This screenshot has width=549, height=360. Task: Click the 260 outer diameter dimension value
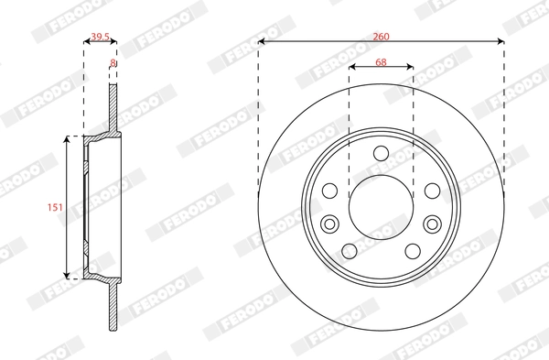pyautogui.click(x=381, y=36)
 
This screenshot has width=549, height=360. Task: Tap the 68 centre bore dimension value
pyautogui.click(x=381, y=62)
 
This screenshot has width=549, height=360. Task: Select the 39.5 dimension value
pyautogui.click(x=100, y=38)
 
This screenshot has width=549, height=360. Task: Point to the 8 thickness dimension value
pyautogui.click(x=113, y=63)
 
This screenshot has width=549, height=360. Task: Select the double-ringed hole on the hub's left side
pyautogui.click(x=331, y=223)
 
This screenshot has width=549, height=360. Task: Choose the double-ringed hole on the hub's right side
pyautogui.click(x=431, y=223)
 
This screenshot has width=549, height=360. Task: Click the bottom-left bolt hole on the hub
pyautogui.click(x=350, y=252)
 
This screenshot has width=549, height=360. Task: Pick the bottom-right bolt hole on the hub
pyautogui.click(x=413, y=252)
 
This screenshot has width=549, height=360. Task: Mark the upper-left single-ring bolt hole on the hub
pyautogui.click(x=330, y=191)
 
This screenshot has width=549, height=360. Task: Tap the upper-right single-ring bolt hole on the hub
pyautogui.click(x=431, y=191)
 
